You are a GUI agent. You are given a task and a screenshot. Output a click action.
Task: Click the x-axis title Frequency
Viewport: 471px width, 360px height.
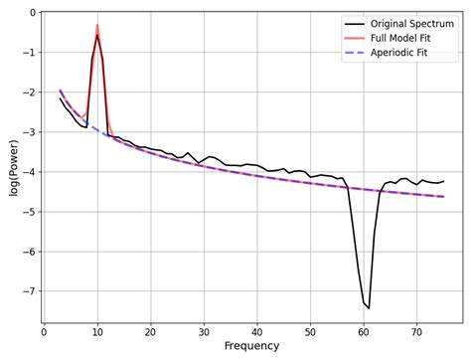click(x=251, y=346)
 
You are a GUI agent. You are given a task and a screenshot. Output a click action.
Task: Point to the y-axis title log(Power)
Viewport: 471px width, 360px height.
click(x=13, y=167)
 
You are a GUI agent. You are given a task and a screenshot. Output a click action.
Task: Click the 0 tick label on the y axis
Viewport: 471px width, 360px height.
click(x=32, y=13)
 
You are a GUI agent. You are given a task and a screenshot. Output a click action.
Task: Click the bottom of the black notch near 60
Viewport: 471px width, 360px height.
click(x=369, y=308)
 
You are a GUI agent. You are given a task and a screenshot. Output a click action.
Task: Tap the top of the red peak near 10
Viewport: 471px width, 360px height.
click(x=97, y=25)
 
